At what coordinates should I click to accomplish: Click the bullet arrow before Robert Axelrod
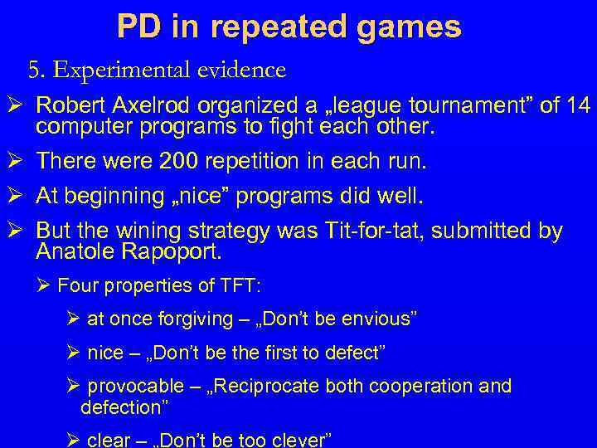coord(15,107)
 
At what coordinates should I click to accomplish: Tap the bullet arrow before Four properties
coord(47,286)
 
